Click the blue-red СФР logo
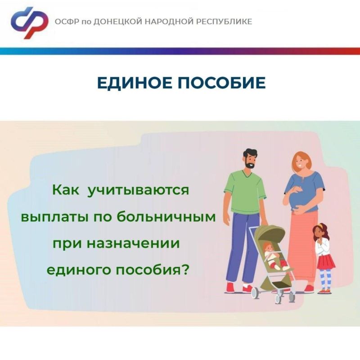(29, 22)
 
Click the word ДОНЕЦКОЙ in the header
(118, 22)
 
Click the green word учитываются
(139, 190)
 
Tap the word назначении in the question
(133, 243)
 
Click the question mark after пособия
(185, 269)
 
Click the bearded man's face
(250, 161)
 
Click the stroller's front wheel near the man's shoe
(254, 293)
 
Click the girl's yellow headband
(321, 226)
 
